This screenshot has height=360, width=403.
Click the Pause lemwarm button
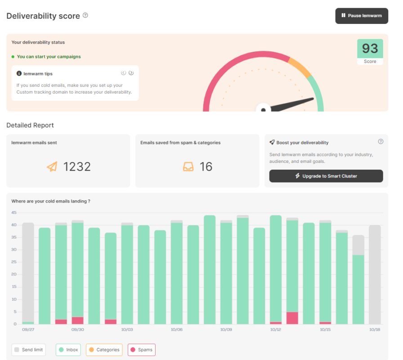click(x=362, y=16)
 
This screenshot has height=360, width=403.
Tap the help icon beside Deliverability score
click(x=85, y=15)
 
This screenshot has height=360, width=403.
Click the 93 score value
click(x=370, y=48)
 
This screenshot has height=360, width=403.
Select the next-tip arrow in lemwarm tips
click(x=131, y=73)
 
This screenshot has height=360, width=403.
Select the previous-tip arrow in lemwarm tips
click(x=123, y=73)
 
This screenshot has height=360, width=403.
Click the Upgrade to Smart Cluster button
click(x=326, y=176)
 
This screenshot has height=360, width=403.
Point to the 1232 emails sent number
click(x=77, y=166)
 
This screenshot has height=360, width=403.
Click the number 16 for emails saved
click(x=206, y=166)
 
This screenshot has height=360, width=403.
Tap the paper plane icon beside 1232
click(x=52, y=166)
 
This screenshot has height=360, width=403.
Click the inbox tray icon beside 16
click(x=188, y=166)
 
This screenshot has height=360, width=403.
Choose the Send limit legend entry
click(x=29, y=350)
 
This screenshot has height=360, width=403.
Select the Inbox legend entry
click(x=68, y=350)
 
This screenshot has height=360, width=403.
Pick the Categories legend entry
click(x=104, y=350)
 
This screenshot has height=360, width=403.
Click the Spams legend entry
click(x=142, y=350)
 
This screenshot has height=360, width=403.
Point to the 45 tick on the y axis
click(x=14, y=212)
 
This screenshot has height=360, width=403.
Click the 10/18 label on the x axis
click(x=375, y=329)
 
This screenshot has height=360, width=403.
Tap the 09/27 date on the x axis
click(x=28, y=329)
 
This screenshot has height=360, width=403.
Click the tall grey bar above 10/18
click(x=375, y=274)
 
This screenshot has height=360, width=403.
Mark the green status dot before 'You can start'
click(x=13, y=57)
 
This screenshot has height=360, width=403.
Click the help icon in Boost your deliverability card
click(x=381, y=141)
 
